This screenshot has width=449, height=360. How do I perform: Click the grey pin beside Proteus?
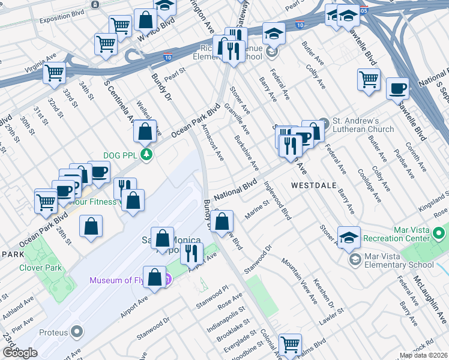77,332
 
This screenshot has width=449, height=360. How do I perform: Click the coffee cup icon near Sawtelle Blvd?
397,89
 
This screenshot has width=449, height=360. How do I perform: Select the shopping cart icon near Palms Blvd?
290,344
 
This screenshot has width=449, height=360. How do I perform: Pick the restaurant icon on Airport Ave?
191,253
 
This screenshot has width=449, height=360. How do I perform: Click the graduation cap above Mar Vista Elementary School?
349,237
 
